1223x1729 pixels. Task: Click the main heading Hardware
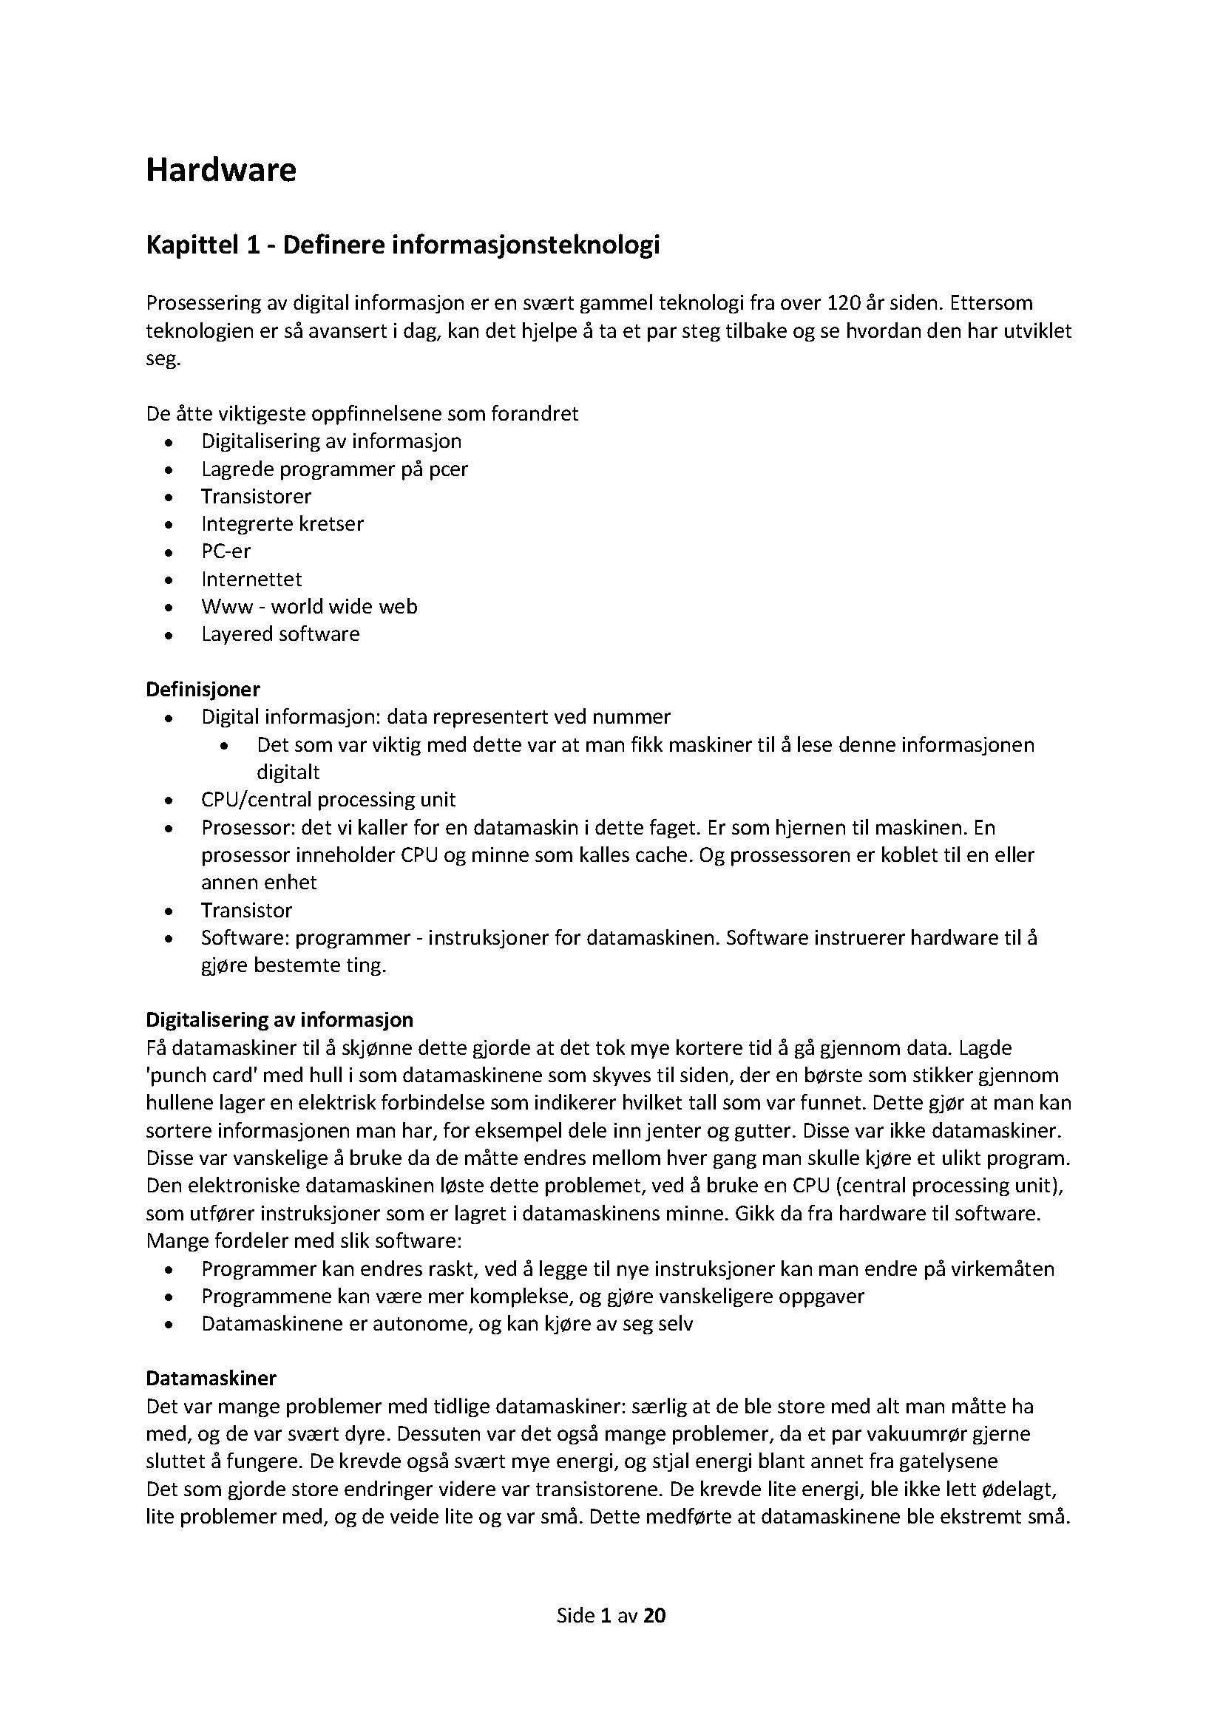pyautogui.click(x=220, y=170)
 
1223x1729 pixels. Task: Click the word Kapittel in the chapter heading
pyautogui.click(x=192, y=245)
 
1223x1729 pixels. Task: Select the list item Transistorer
pyautogui.click(x=256, y=496)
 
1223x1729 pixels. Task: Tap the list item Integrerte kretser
pyautogui.click(x=282, y=524)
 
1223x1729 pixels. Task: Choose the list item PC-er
pyautogui.click(x=226, y=551)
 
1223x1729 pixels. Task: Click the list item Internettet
pyautogui.click(x=251, y=579)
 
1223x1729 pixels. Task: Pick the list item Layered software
pyautogui.click(x=280, y=634)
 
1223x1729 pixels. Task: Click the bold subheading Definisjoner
pyautogui.click(x=203, y=689)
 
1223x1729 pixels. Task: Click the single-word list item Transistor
pyautogui.click(x=246, y=911)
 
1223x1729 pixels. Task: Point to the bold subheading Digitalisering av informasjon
pyautogui.click(x=280, y=1019)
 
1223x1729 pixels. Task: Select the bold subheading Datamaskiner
pyautogui.click(x=211, y=1378)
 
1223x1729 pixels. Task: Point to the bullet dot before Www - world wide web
pyautogui.click(x=171, y=608)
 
